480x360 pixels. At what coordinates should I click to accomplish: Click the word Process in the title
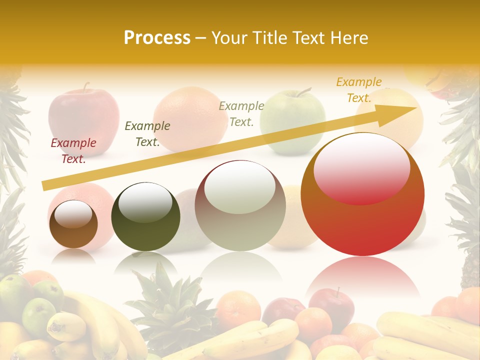coord(157,38)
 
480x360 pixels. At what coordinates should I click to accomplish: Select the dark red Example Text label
coord(73,151)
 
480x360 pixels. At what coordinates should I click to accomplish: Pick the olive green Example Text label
coord(147,134)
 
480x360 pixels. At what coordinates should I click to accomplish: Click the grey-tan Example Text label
coord(241,113)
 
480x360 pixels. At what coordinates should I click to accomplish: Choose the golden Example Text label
coord(359,90)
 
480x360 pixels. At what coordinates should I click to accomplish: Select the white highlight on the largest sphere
coord(361,169)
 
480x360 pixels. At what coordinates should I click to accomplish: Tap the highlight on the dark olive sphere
coord(145,202)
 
